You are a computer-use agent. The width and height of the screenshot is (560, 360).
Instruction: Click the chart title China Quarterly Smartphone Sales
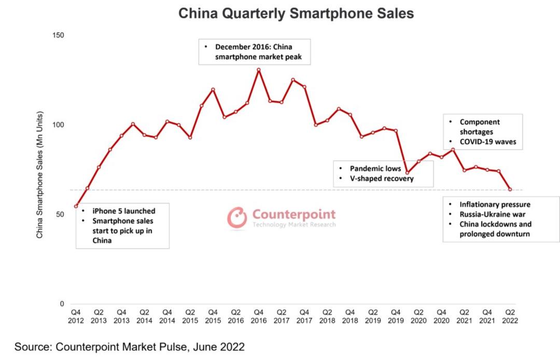pos(296,14)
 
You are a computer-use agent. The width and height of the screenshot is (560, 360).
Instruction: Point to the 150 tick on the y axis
pos(58,35)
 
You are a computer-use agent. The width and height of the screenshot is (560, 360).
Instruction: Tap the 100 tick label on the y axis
pos(58,125)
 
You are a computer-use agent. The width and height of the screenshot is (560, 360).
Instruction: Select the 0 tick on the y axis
pos(62,304)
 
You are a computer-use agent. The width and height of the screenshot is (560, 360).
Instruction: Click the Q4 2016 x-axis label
pos(259,316)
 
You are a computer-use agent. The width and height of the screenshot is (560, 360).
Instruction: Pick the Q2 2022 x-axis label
pos(510,316)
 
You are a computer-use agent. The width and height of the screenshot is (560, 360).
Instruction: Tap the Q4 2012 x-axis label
pos(76,316)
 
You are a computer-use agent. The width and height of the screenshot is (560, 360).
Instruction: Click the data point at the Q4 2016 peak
pos(259,70)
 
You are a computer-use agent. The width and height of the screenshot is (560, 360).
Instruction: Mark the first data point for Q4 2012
pos(76,206)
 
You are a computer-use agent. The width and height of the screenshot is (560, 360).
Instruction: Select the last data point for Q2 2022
pos(510,190)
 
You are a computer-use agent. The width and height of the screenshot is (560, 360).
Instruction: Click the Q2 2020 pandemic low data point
pos(407,173)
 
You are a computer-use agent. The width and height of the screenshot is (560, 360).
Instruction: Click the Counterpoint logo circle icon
pos(237,217)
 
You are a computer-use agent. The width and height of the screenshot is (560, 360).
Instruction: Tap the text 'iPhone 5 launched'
pos(123,211)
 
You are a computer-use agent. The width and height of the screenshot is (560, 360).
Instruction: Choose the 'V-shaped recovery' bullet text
pos(382,178)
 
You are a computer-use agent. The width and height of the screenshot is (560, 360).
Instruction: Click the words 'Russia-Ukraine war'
pos(492,214)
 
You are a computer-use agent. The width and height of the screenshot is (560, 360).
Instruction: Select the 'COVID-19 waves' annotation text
pos(488,142)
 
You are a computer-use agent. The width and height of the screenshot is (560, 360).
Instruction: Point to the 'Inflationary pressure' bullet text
pos(495,204)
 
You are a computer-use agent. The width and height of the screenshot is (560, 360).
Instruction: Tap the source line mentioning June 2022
pos(129,347)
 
